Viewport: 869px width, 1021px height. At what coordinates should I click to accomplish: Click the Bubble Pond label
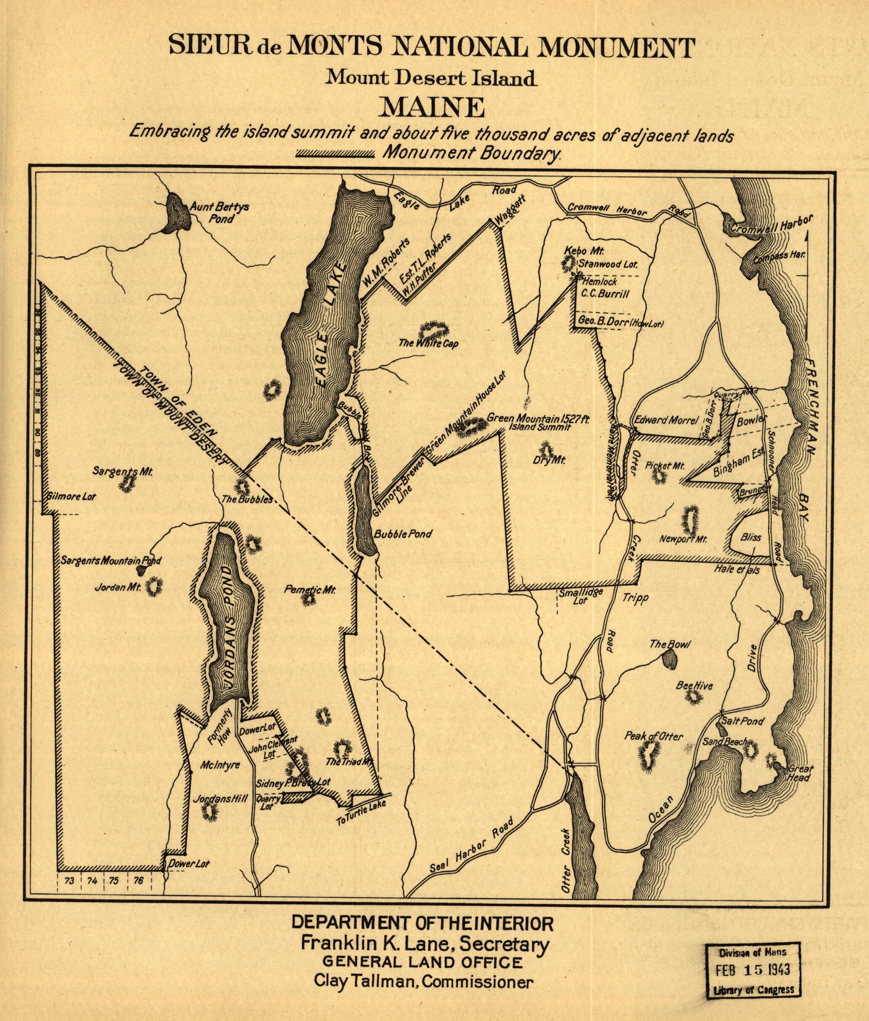[x=403, y=534]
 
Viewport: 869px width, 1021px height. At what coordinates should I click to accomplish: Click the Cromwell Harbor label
[x=770, y=224]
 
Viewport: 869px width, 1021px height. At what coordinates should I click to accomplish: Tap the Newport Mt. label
[x=683, y=539]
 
